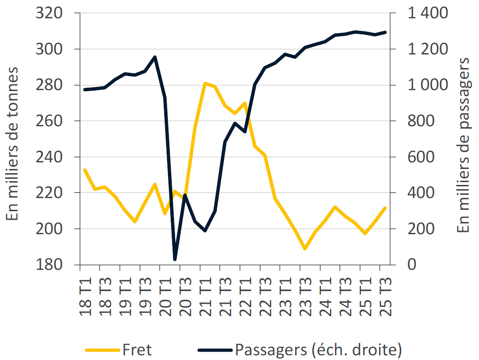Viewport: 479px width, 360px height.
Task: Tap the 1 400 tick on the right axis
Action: (x=427, y=13)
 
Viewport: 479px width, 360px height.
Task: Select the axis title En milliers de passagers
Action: (x=464, y=146)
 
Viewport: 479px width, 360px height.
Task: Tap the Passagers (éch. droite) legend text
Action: (x=318, y=350)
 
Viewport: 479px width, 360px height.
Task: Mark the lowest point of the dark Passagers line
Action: (x=175, y=259)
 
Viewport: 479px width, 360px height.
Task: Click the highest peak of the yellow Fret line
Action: (x=205, y=83)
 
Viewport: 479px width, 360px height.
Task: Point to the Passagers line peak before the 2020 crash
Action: (x=155, y=57)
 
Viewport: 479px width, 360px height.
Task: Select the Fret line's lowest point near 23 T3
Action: (x=305, y=249)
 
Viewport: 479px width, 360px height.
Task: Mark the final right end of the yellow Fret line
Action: (x=385, y=208)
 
